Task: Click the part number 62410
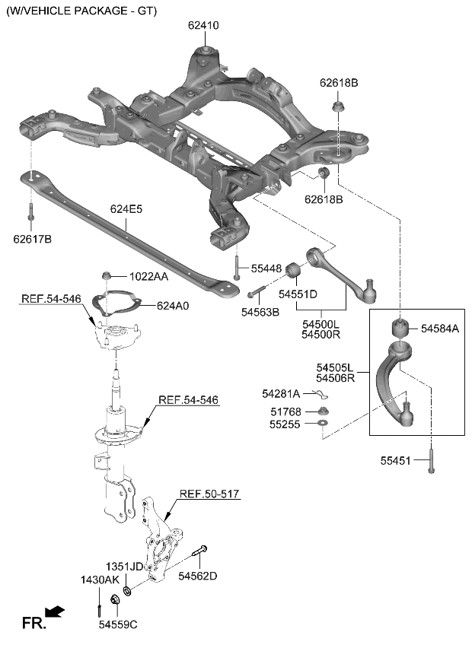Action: [203, 25]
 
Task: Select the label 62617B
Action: [32, 240]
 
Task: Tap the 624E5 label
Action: [126, 208]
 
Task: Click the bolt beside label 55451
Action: [431, 460]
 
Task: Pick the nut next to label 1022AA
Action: [107, 276]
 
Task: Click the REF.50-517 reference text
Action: [209, 494]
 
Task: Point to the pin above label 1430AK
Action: [100, 609]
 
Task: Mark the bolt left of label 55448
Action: [237, 268]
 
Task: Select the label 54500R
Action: [321, 335]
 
